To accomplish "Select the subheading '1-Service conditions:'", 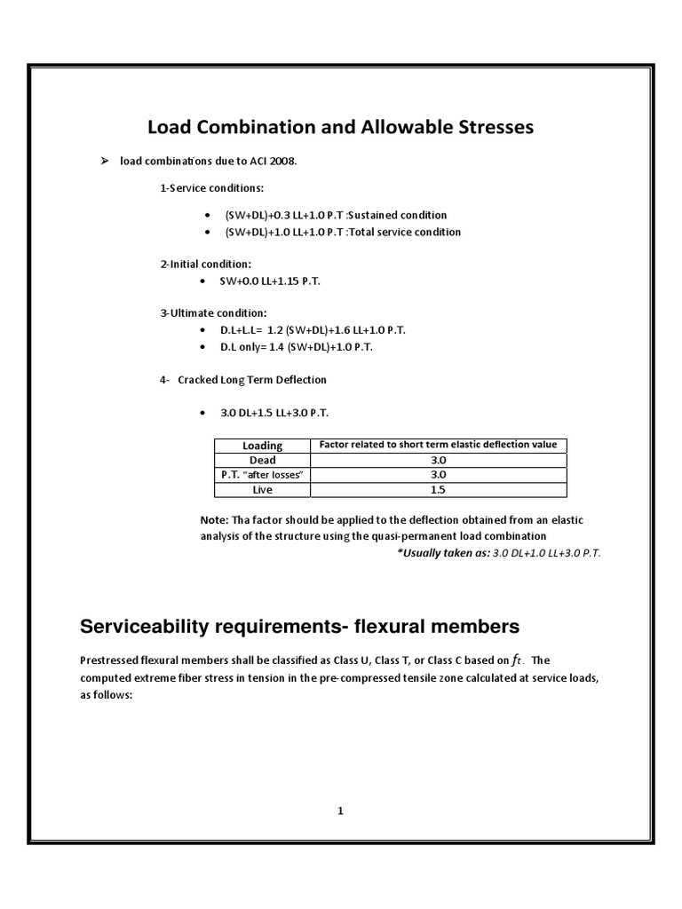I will tap(202, 189).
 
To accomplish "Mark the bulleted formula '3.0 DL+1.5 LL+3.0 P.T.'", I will tap(280, 414).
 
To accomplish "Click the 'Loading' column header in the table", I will tap(263, 446).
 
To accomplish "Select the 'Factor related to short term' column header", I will tap(438, 445).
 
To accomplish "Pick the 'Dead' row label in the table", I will tap(263, 460).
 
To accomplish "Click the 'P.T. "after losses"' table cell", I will tap(263, 475).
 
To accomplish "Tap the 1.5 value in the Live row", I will tap(438, 489).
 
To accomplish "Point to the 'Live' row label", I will tap(263, 489).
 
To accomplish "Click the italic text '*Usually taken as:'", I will tap(442, 552).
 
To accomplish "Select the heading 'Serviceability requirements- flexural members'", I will tap(299, 627).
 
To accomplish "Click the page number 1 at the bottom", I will tap(341, 810).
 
